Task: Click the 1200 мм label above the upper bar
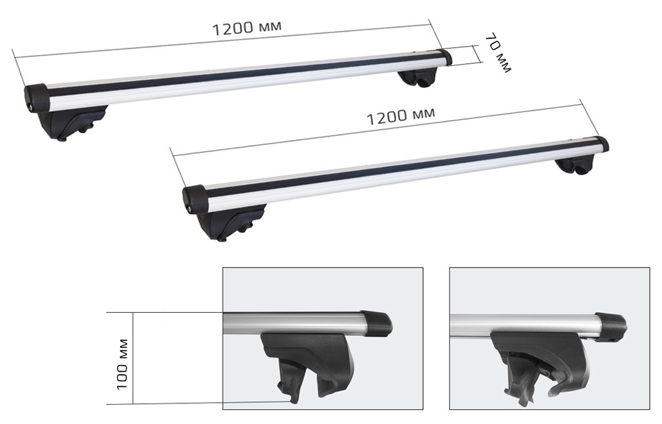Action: [x=247, y=29]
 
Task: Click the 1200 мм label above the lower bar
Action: [x=400, y=116]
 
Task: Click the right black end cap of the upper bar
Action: [x=444, y=58]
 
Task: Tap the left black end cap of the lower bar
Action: [x=195, y=198]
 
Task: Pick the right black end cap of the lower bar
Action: [x=601, y=143]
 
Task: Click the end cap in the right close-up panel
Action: [x=610, y=326]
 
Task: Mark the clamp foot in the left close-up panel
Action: [x=310, y=365]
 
